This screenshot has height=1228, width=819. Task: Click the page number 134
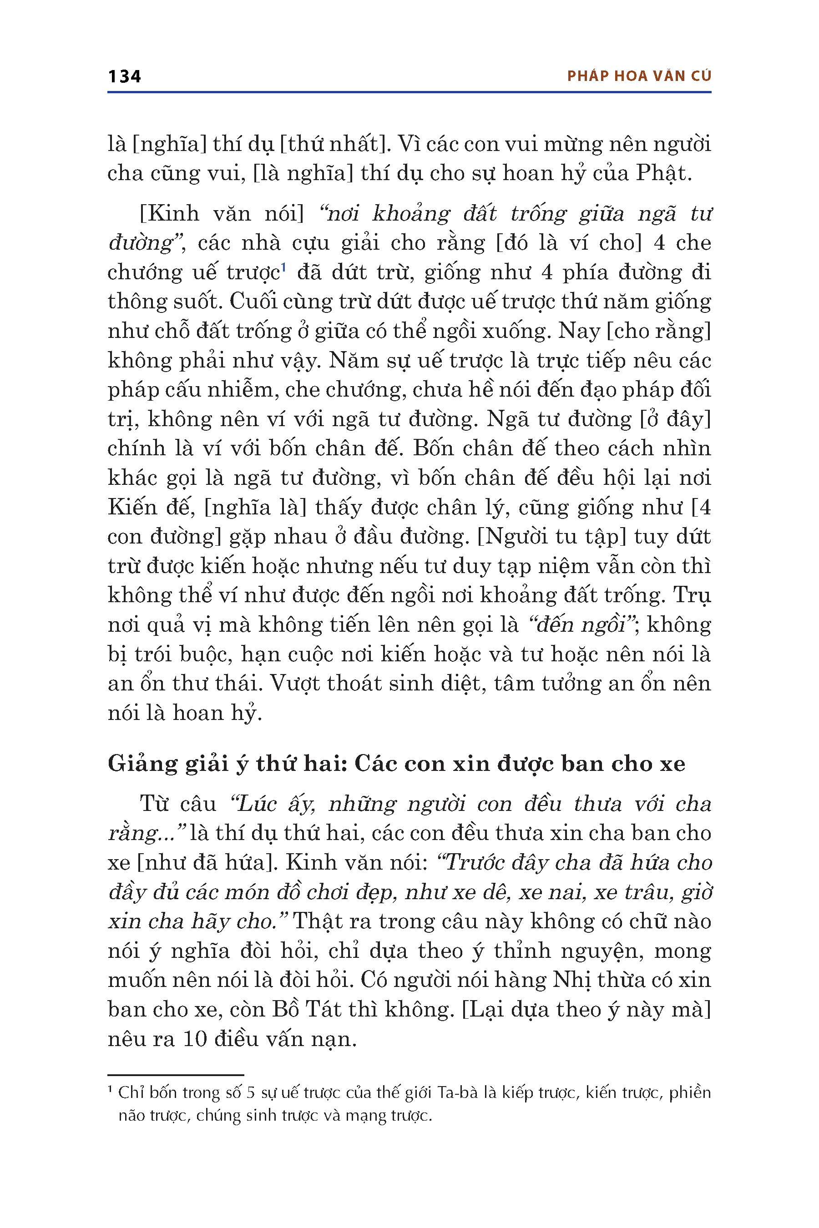coord(124,76)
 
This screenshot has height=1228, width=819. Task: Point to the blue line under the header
coord(409,92)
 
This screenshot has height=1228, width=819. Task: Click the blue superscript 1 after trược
coord(283,267)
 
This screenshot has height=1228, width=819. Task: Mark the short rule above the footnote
coord(176,1075)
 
